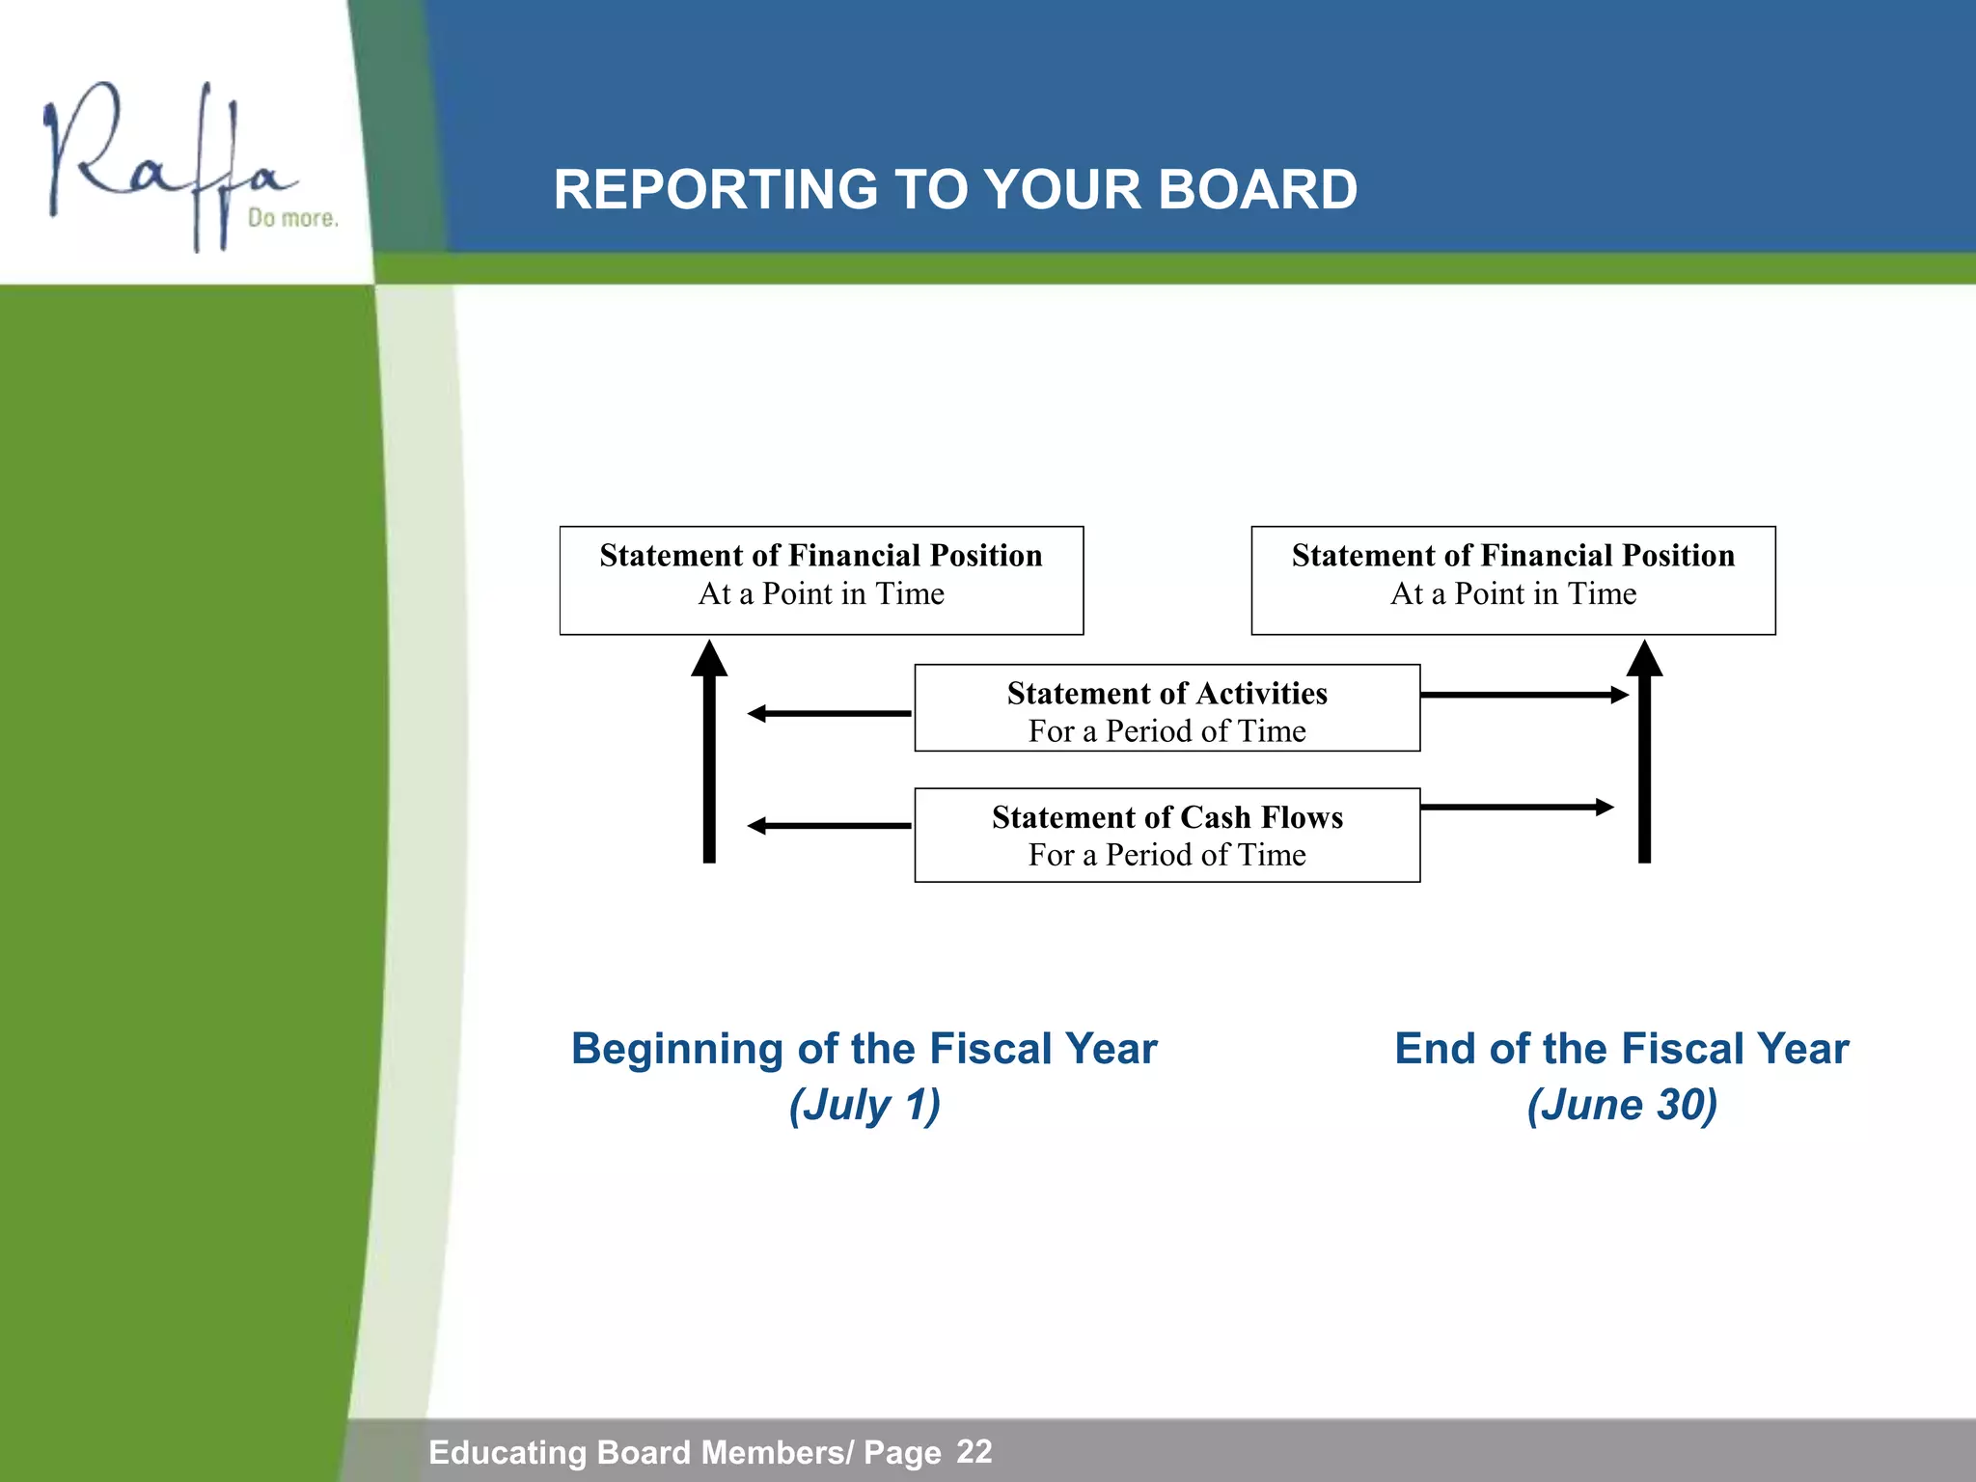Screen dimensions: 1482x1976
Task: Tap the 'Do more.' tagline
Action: [292, 218]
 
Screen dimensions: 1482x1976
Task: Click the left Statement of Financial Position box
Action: [821, 580]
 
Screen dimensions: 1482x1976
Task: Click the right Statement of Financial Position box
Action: [1513, 580]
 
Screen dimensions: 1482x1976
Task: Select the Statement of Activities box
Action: [1166, 708]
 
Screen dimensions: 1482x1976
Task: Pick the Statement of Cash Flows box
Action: [1166, 835]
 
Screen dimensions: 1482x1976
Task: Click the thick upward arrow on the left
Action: [709, 753]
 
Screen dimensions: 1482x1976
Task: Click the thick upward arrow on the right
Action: [1644, 753]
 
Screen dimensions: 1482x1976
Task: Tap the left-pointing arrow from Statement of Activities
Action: [830, 714]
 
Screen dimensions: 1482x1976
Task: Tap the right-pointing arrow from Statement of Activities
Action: [1523, 695]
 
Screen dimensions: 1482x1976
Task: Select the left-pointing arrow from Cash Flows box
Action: [830, 826]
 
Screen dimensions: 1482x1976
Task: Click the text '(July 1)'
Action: [864, 1105]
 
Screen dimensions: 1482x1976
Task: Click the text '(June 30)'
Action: [1622, 1105]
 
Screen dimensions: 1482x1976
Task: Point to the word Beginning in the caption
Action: [676, 1050]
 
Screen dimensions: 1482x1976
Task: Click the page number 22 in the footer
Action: [974, 1451]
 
